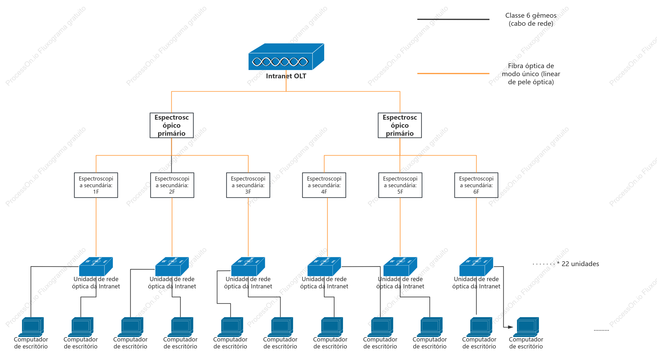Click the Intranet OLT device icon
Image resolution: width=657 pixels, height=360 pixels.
[286, 57]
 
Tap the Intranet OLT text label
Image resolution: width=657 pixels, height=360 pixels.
[286, 76]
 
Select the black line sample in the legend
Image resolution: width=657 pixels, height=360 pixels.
[453, 19]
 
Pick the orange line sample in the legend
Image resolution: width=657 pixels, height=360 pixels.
[453, 73]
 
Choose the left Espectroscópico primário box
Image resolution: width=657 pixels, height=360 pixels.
[171, 125]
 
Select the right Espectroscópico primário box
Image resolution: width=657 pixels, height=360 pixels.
[400, 125]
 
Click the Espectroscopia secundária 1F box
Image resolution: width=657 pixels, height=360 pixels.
[96, 185]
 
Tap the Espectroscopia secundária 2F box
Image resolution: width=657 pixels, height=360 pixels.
[172, 185]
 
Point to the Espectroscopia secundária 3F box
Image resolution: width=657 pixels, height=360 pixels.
[248, 185]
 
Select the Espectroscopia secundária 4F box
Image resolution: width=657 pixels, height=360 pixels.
[324, 185]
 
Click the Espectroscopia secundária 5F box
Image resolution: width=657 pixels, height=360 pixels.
[400, 185]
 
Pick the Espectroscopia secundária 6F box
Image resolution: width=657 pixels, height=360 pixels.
[476, 185]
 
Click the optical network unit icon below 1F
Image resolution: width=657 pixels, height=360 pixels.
[96, 266]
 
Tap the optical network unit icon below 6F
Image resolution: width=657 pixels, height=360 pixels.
[476, 266]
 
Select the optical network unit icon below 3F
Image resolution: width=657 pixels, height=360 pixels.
[248, 266]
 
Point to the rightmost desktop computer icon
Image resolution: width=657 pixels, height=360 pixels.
[526, 327]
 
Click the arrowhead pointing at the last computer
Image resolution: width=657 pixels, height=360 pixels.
[511, 327]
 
